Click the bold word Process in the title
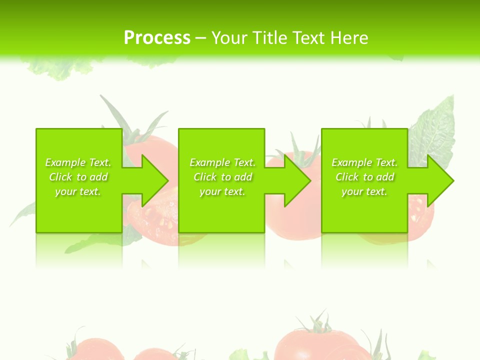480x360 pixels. pyautogui.click(x=157, y=38)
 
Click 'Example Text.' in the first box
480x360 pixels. pyautogui.click(x=78, y=162)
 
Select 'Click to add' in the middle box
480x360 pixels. pyautogui.click(x=222, y=177)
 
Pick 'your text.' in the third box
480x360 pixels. pyautogui.click(x=364, y=191)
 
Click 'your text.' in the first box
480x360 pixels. pyautogui.click(x=78, y=191)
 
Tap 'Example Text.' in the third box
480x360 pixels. pyautogui.click(x=364, y=162)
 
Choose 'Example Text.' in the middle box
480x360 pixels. pyautogui.click(x=222, y=162)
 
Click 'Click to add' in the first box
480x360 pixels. pyautogui.click(x=78, y=177)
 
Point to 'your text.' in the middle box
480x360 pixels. pyautogui.click(x=222, y=191)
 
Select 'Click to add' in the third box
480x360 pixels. pyautogui.click(x=364, y=177)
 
